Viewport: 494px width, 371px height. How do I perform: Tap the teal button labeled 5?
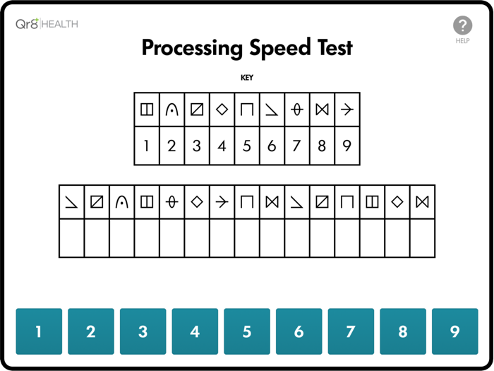point(247,331)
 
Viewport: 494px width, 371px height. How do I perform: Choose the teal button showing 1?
point(39,331)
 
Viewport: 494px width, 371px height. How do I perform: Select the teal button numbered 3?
point(143,331)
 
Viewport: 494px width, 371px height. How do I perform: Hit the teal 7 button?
point(351,331)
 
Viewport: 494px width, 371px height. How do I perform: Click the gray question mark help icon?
point(462,25)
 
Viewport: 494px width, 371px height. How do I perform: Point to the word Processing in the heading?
point(192,48)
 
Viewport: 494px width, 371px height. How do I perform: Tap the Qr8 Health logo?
point(47,23)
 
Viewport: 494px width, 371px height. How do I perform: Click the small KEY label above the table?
point(247,78)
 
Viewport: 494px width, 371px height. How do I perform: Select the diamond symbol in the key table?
point(222,110)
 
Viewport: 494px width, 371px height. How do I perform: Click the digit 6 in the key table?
point(272,146)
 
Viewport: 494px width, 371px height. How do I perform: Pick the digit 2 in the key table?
point(171,146)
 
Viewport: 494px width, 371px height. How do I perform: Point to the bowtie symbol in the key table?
point(322,110)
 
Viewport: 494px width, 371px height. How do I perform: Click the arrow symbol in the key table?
point(347,110)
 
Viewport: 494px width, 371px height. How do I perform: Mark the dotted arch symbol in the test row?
point(122,202)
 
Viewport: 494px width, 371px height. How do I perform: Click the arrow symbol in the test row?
point(222,202)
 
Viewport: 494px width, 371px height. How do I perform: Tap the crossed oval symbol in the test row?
point(172,202)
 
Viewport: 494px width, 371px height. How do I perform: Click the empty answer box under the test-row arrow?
point(222,238)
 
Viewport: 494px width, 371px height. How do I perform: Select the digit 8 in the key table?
point(322,146)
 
